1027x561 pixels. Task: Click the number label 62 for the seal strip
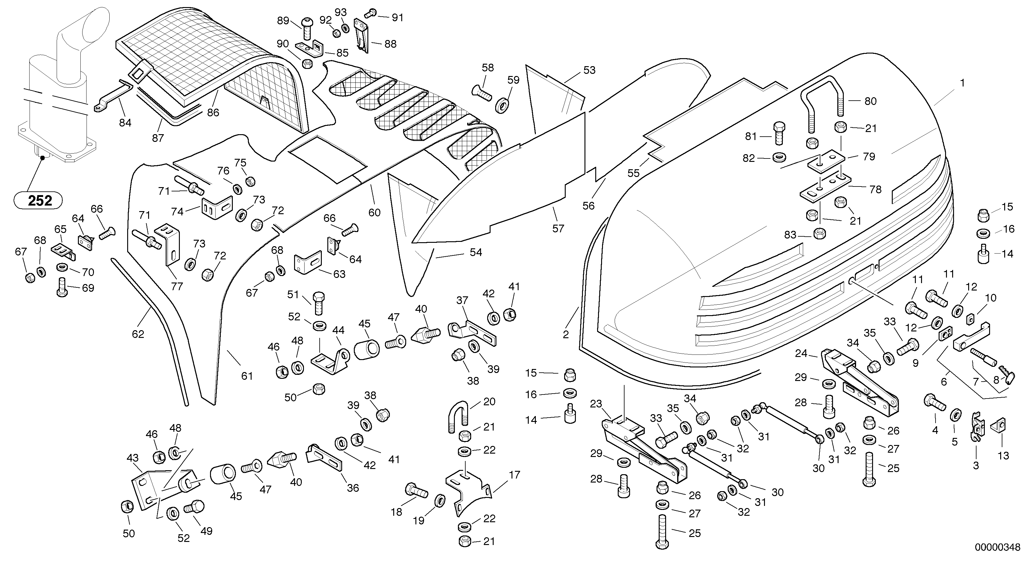(138, 334)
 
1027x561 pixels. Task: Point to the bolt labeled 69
(62, 288)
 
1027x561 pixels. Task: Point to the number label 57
(558, 228)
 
